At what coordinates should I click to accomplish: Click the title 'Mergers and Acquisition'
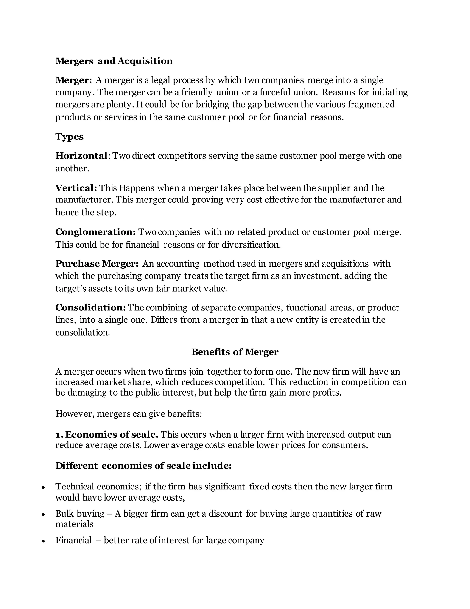click(x=114, y=61)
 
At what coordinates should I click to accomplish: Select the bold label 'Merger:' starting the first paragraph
click(x=73, y=80)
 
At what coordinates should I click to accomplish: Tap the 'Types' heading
click(x=69, y=137)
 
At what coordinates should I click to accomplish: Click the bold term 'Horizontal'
click(x=81, y=156)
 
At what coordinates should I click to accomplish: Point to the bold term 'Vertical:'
click(x=76, y=188)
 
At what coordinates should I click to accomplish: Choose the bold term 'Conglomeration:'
click(x=95, y=232)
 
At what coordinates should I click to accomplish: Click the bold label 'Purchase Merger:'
click(x=97, y=264)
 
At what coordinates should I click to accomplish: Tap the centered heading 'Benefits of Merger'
click(x=235, y=352)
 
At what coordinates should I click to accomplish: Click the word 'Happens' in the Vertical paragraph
click(x=137, y=188)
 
